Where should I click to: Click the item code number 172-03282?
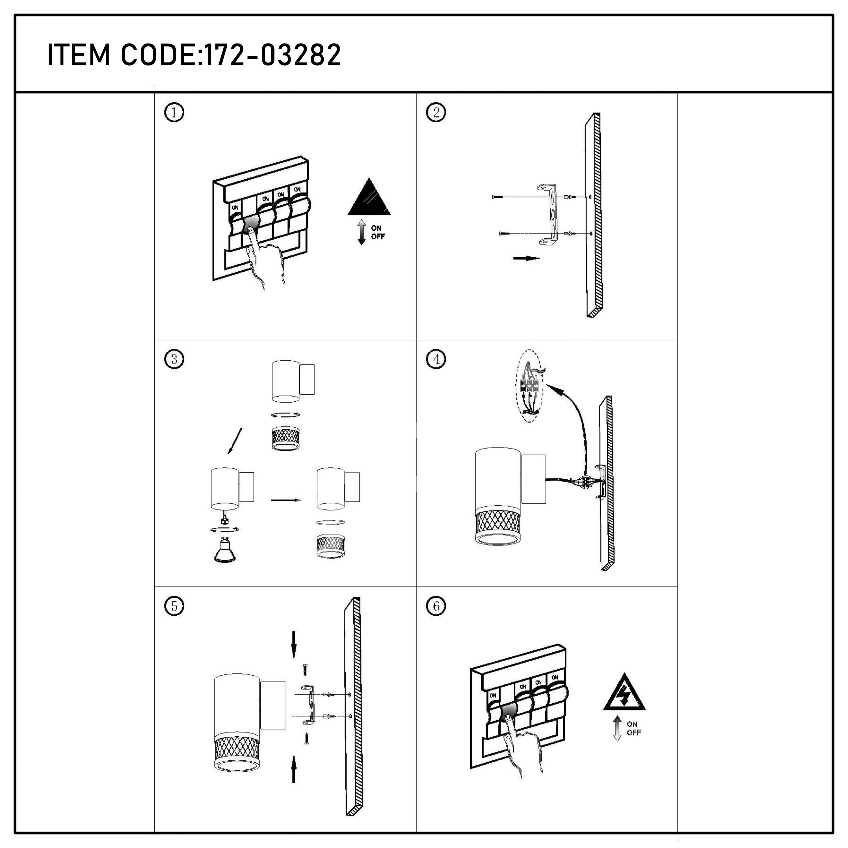272,55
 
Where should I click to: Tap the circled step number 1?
174,113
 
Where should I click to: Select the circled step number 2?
436,113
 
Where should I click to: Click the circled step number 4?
436,359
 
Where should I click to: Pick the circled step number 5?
174,606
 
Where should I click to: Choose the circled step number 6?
436,606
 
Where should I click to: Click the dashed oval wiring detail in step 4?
530,386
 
